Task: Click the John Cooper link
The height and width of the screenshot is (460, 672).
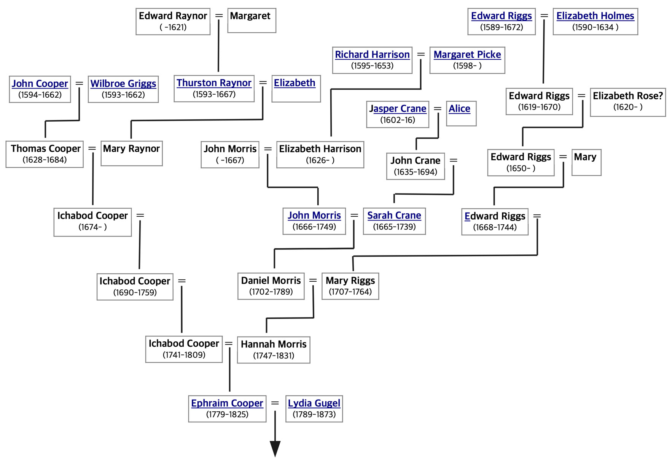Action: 40,84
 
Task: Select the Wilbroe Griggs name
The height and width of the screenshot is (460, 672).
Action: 123,84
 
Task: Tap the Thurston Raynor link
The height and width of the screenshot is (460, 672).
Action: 214,83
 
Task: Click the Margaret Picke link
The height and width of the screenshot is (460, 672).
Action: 467,55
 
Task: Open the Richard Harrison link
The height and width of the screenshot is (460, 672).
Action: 372,55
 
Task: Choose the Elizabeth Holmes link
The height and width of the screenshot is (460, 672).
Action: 595,16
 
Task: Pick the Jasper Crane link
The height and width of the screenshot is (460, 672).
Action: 398,109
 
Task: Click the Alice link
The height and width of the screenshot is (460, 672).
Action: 459,109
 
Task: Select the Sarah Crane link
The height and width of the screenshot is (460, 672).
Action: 394,216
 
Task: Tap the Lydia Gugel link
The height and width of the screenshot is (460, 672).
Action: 314,403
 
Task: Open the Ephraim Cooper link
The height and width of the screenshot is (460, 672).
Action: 227,403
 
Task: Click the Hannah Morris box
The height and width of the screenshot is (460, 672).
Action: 274,350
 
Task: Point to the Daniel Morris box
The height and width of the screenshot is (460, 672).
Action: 271,286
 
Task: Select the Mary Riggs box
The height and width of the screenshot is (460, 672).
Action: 350,286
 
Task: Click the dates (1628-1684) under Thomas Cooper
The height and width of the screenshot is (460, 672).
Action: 45,160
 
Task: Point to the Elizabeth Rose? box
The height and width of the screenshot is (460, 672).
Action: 628,102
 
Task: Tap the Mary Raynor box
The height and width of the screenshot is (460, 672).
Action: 131,153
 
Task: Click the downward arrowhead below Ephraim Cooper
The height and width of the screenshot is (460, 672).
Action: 275,449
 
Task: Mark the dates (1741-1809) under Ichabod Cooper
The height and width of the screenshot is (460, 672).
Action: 184,355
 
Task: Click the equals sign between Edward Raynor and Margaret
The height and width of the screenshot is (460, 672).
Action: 219,16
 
